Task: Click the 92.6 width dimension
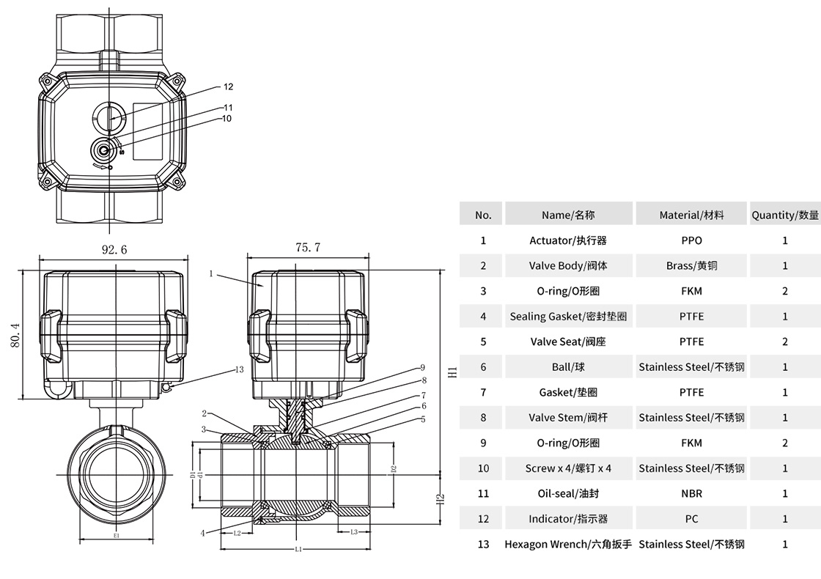click(114, 249)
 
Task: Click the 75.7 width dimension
click(308, 248)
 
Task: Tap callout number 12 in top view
click(228, 86)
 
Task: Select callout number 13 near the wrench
click(239, 369)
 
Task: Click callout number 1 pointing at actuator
click(210, 273)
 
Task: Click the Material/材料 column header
click(691, 215)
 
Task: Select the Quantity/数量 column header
click(785, 215)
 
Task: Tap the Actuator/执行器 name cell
click(568, 240)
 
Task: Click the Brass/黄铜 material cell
click(691, 265)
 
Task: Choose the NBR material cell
click(691, 493)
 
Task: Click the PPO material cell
click(691, 240)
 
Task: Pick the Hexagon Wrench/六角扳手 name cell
click(568, 544)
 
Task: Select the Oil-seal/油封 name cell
click(568, 493)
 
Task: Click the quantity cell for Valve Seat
click(785, 342)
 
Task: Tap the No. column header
click(483, 215)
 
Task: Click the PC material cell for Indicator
click(691, 519)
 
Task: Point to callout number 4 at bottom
click(203, 533)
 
